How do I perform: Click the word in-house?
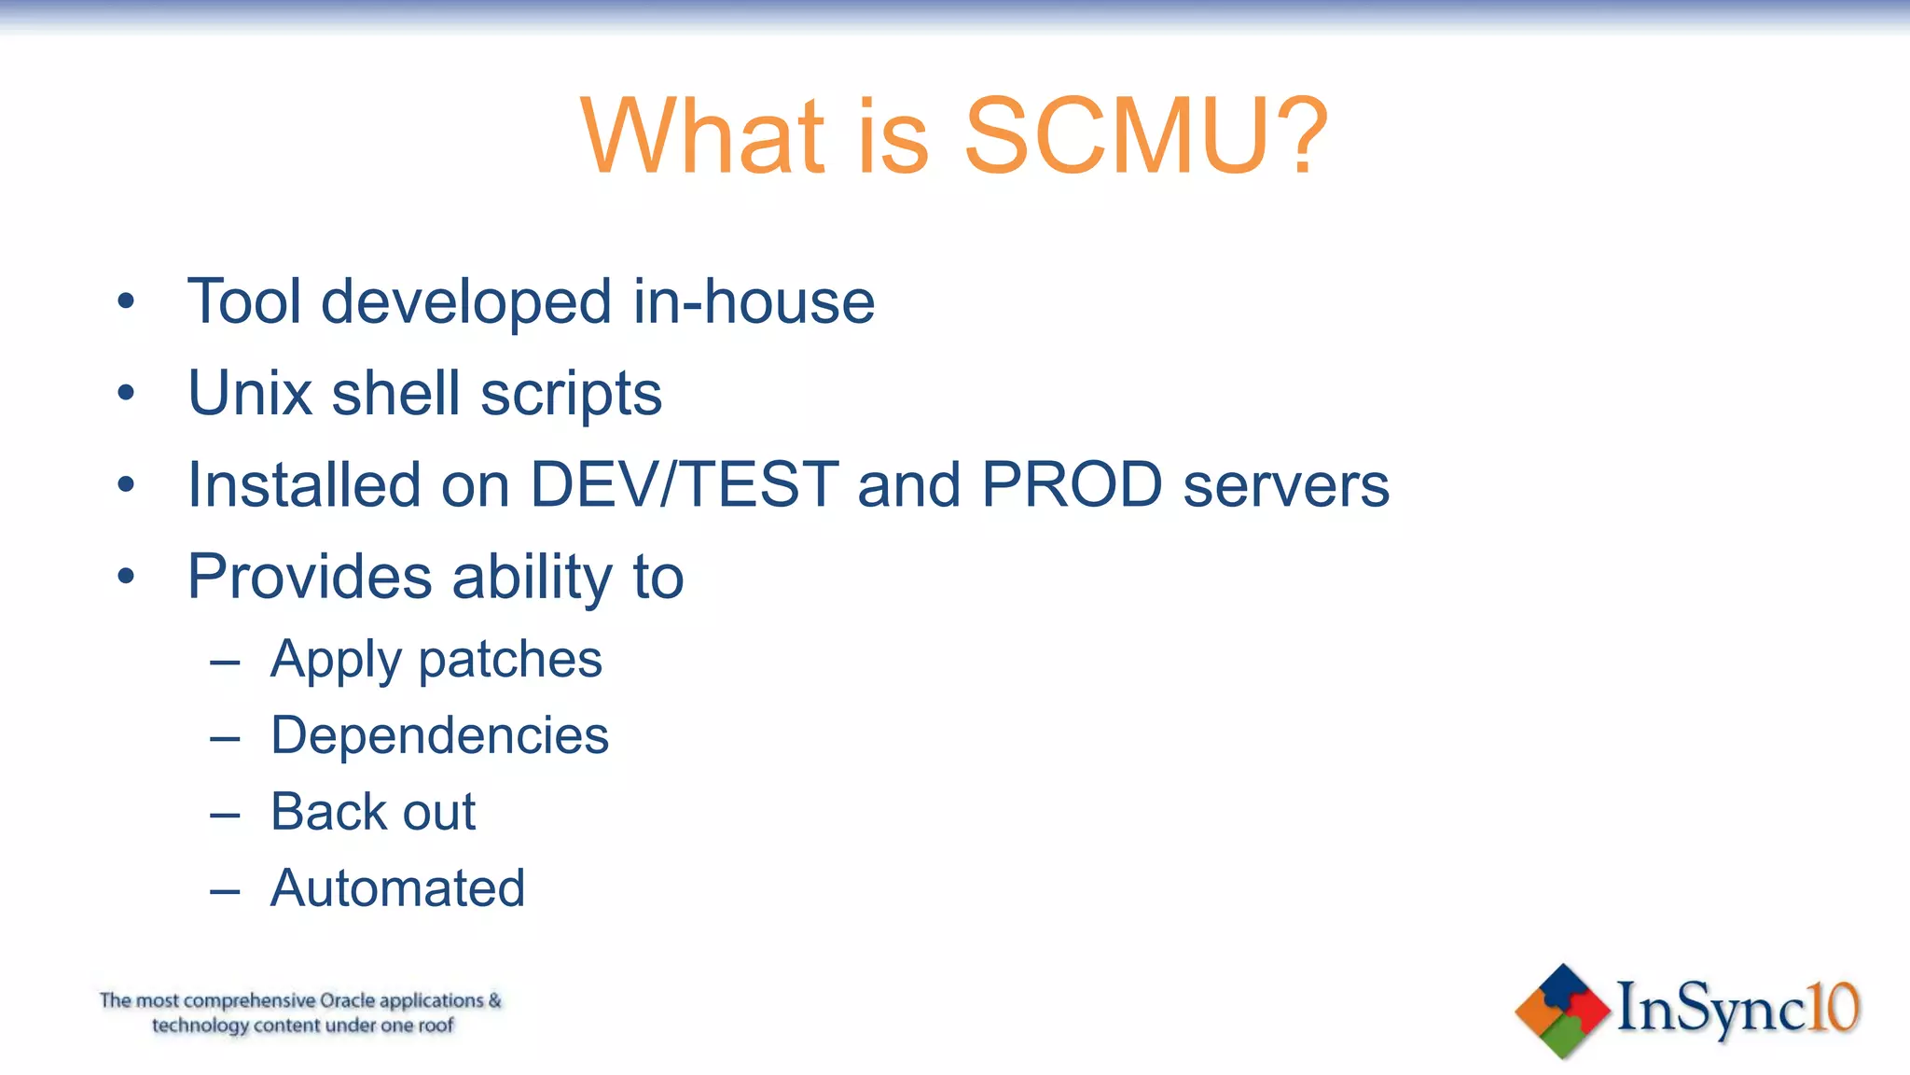click(x=754, y=302)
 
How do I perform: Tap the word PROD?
click(x=1072, y=485)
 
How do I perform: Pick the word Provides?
click(x=310, y=577)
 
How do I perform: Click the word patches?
click(x=510, y=661)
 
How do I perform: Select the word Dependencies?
click(x=439, y=736)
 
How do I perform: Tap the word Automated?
click(x=398, y=887)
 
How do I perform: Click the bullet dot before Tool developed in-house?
click(x=126, y=302)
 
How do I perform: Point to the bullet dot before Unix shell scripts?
click(x=126, y=394)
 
